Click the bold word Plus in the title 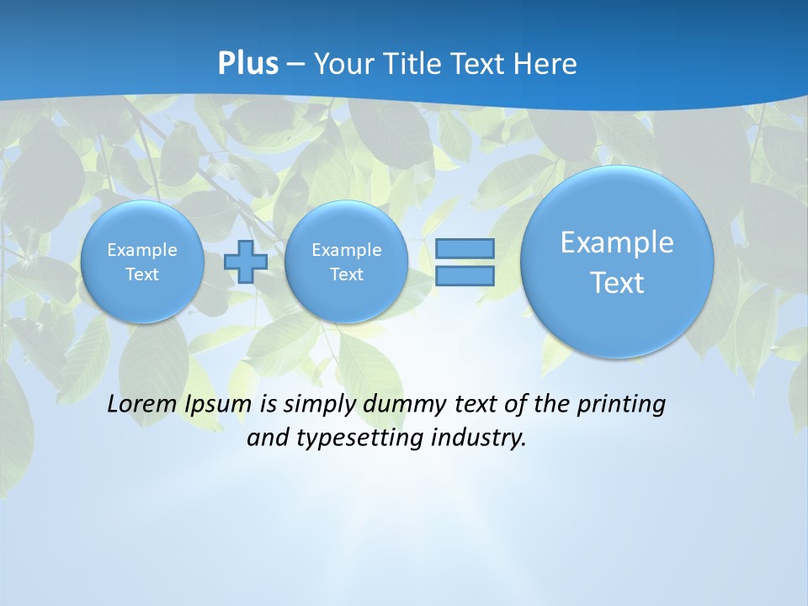[x=247, y=64]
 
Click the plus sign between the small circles [x=246, y=262]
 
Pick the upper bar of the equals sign [x=465, y=248]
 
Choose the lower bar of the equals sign [x=465, y=275]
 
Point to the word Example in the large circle [x=617, y=243]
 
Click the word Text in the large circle [x=617, y=283]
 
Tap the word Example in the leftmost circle [x=142, y=250]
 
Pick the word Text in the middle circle [x=346, y=274]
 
